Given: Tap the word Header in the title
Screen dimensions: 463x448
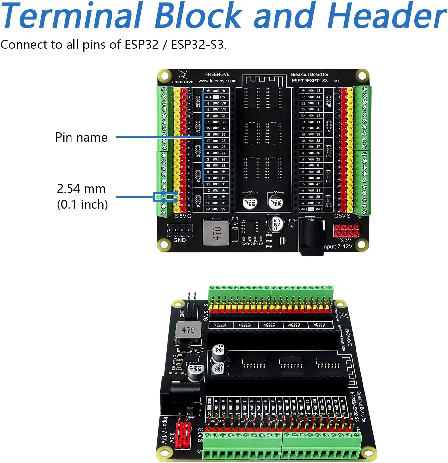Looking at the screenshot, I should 387,16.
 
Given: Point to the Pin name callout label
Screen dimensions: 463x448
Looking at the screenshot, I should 81,137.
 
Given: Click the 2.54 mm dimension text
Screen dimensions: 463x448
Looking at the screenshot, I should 81,189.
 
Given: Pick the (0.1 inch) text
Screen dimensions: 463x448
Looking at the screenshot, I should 82,204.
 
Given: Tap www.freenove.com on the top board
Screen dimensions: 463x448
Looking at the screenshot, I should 217,81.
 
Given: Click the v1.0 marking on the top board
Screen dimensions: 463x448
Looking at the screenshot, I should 337,81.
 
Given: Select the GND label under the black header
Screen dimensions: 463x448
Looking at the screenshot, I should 179,240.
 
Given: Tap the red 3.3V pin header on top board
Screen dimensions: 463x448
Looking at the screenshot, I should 346,230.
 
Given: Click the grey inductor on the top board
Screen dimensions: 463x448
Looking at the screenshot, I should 216,232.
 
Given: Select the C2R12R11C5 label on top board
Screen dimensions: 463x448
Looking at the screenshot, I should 252,244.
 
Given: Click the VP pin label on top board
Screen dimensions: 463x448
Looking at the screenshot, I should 223,103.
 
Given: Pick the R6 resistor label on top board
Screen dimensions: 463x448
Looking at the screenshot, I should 328,106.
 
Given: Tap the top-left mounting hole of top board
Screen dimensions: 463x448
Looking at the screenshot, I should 164,76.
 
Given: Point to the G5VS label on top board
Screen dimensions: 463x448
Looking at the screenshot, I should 342,216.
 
